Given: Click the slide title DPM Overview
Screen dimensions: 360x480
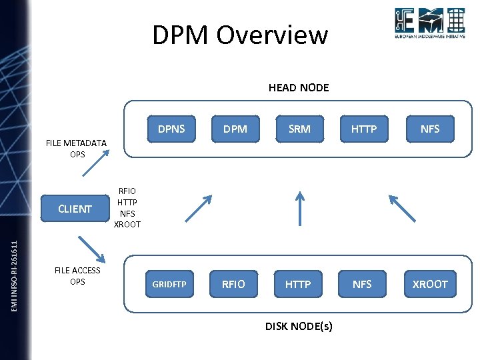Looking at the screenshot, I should (x=240, y=35).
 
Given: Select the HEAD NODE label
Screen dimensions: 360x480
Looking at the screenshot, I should (x=298, y=87).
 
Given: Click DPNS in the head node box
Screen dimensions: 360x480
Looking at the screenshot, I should (x=171, y=129).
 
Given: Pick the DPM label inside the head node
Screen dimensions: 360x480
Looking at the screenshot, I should (x=235, y=129).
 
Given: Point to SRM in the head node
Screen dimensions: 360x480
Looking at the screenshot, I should (x=299, y=129).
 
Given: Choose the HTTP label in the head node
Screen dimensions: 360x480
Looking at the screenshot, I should (x=363, y=129).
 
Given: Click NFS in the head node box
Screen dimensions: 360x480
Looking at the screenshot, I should (x=430, y=129).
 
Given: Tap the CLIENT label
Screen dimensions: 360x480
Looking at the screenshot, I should (x=75, y=209).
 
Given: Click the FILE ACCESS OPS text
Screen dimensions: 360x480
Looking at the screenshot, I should (x=77, y=276).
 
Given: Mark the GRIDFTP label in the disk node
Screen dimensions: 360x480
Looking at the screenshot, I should (x=169, y=285).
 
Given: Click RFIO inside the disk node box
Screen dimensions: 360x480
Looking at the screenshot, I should (x=233, y=284).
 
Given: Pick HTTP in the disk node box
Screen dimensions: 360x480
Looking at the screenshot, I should (x=298, y=284).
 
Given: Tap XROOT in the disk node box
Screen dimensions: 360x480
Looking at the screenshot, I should (x=430, y=284).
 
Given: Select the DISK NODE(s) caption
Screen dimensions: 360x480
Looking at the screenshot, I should (x=299, y=326).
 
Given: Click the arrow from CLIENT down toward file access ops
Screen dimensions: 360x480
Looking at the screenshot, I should (x=92, y=249).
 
